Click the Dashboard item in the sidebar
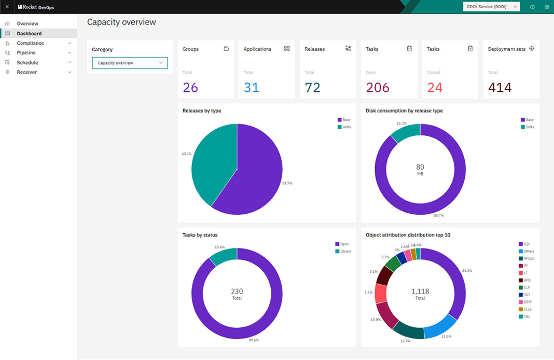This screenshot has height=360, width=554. pyautogui.click(x=29, y=34)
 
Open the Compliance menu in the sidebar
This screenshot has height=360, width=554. pyautogui.click(x=30, y=43)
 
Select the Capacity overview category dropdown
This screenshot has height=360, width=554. pyautogui.click(x=130, y=63)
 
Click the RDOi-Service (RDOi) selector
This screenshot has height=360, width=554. pyautogui.click(x=491, y=7)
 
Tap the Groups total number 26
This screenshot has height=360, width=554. pyautogui.click(x=190, y=88)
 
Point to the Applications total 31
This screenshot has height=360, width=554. pyautogui.click(x=252, y=88)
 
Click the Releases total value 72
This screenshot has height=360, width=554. pyautogui.click(x=313, y=88)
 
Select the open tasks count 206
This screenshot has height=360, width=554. pyautogui.click(x=378, y=88)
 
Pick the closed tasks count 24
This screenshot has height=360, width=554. pyautogui.click(x=435, y=88)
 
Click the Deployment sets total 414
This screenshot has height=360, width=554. pyautogui.click(x=500, y=88)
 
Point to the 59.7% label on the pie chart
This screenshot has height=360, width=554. pyautogui.click(x=287, y=183)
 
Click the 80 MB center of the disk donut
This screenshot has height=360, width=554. pyautogui.click(x=420, y=169)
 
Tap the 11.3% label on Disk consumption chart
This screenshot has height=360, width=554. pyautogui.click(x=401, y=123)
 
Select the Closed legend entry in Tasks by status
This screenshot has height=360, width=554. pyautogui.click(x=345, y=251)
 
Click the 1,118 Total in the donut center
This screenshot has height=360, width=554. pyautogui.click(x=420, y=294)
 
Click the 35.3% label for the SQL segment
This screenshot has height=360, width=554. pyautogui.click(x=467, y=271)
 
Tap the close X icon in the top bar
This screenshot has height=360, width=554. pyautogui.click(x=7, y=7)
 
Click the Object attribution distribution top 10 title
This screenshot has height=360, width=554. pyautogui.click(x=408, y=235)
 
